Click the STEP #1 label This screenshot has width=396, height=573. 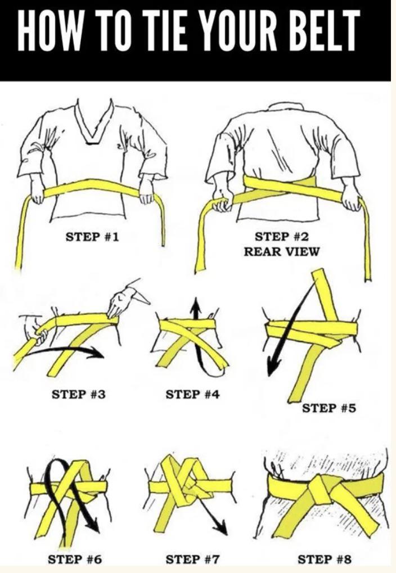click(x=92, y=237)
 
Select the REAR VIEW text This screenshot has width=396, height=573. click(x=281, y=251)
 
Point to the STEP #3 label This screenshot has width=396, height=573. click(x=78, y=394)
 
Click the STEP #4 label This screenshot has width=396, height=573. click(x=192, y=394)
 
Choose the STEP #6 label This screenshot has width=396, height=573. click(x=75, y=559)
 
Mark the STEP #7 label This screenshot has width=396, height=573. click(x=193, y=559)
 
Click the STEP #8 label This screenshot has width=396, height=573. click(x=324, y=559)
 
